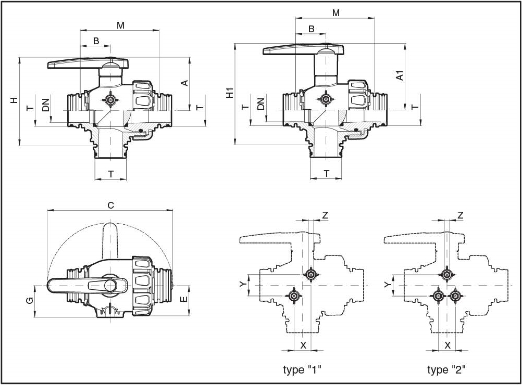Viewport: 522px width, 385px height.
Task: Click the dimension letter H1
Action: point(229,94)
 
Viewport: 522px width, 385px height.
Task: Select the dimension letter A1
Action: point(400,75)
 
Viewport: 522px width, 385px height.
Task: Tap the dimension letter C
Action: point(110,206)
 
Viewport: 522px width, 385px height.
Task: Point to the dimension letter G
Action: point(30,301)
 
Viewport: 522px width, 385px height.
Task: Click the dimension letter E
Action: point(183,300)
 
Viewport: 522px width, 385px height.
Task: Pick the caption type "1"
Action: point(302,370)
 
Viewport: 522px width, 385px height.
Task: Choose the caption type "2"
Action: point(446,370)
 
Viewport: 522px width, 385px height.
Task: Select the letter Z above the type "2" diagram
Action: point(460,215)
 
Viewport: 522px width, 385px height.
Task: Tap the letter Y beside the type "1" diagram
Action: point(242,284)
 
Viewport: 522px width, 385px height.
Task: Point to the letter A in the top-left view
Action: point(183,83)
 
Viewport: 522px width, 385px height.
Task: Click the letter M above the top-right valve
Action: point(335,13)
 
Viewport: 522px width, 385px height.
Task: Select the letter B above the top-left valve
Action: point(96,41)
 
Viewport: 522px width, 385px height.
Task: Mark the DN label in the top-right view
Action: point(261,103)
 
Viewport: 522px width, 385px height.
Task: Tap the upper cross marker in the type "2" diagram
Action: point(446,275)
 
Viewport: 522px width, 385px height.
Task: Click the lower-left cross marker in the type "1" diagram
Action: point(295,296)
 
